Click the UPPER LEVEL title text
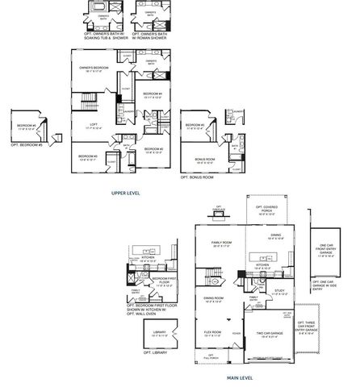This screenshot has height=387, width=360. point(126,193)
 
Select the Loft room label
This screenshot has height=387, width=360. point(95,125)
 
